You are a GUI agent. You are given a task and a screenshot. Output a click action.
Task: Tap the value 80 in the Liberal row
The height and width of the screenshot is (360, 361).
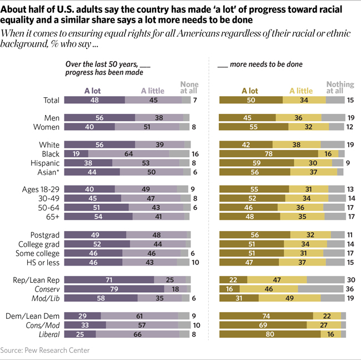pyautogui.click(x=269, y=334)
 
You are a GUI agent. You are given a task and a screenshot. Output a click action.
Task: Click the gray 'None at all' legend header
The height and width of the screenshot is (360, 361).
pyautogui.click(x=189, y=88)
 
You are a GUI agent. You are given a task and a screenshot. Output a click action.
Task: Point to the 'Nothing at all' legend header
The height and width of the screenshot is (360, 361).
pyautogui.click(x=340, y=88)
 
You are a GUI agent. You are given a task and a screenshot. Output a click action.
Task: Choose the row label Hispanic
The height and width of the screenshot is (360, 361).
pyautogui.click(x=45, y=163)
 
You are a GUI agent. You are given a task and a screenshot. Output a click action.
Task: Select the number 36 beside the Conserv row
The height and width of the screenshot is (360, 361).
pyautogui.click(x=349, y=289)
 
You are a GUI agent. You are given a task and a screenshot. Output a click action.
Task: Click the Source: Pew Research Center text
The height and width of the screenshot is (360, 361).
pyautogui.click(x=45, y=351)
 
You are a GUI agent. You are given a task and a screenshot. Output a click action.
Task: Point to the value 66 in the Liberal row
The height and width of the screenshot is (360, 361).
pyautogui.click(x=136, y=334)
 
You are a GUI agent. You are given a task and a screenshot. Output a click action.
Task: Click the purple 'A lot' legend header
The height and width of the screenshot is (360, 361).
pyautogui.click(x=93, y=91)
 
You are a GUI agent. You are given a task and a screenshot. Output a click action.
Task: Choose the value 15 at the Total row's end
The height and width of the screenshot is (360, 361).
pyautogui.click(x=349, y=100)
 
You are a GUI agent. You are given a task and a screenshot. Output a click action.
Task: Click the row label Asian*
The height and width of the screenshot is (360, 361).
pyautogui.click(x=49, y=172)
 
